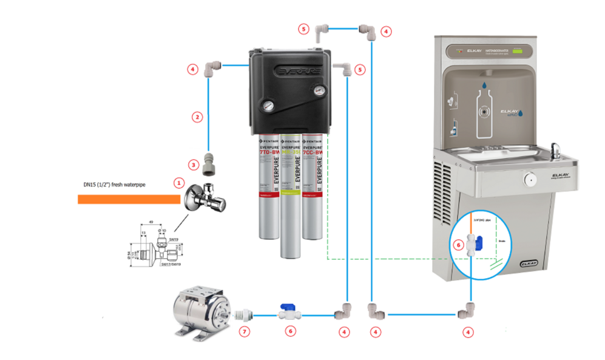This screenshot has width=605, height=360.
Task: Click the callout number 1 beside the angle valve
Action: coord(178,182)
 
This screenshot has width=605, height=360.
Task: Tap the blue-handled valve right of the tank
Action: coord(286,314)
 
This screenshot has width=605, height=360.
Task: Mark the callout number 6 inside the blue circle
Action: coord(459,245)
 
